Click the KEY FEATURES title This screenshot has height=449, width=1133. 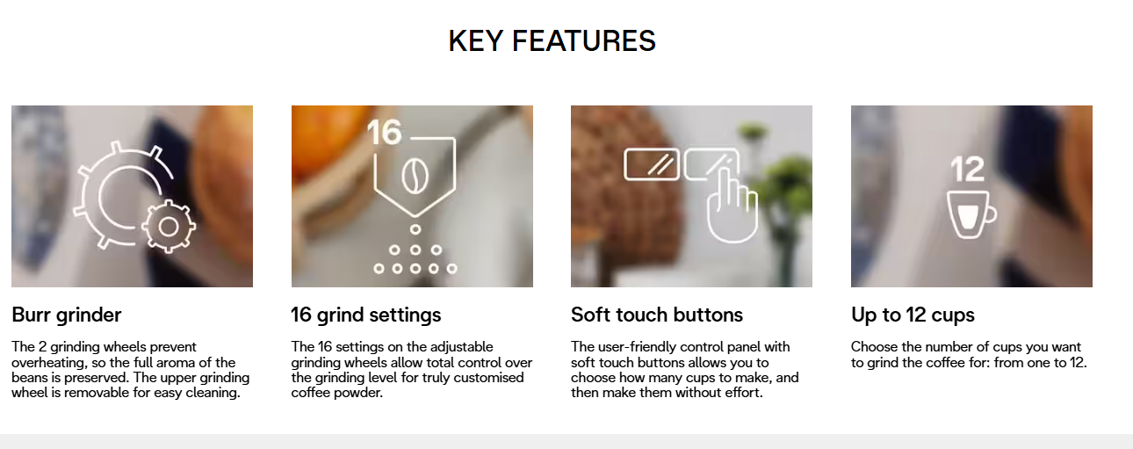pyautogui.click(x=552, y=41)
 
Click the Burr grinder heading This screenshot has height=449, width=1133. pyautogui.click(x=66, y=315)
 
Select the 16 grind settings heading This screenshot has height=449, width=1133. pyautogui.click(x=365, y=315)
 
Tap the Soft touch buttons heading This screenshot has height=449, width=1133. pyautogui.click(x=657, y=315)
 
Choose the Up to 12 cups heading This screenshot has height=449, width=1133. pyautogui.click(x=913, y=315)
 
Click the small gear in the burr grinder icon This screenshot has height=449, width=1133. pyautogui.click(x=169, y=227)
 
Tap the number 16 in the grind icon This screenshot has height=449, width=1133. pyautogui.click(x=385, y=133)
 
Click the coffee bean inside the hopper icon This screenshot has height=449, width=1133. pyautogui.click(x=415, y=177)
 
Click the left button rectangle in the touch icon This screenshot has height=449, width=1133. pyautogui.click(x=652, y=164)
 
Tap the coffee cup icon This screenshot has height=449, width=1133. pyautogui.click(x=971, y=214)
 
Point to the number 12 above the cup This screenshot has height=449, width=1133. pyautogui.click(x=968, y=169)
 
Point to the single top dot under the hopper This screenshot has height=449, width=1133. pyautogui.click(x=415, y=230)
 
